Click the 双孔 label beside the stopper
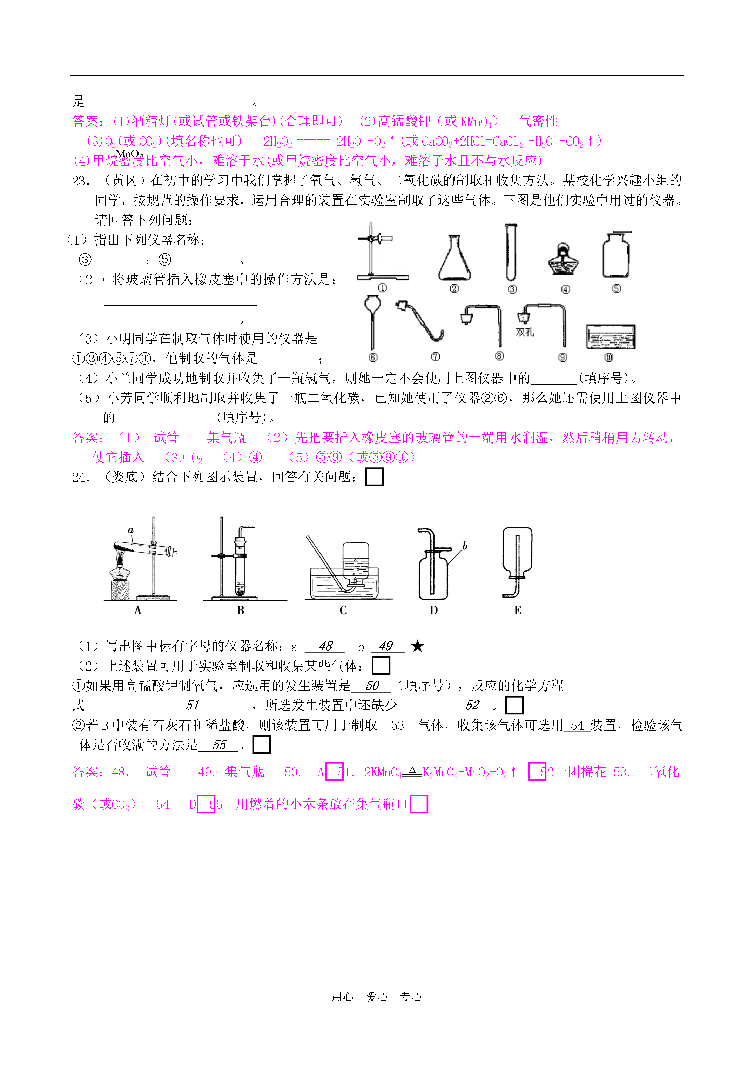click(x=525, y=332)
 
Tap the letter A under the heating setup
click(x=137, y=611)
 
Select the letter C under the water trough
click(x=343, y=611)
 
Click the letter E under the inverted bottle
click(x=518, y=611)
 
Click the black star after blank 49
click(x=417, y=646)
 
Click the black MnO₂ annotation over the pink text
click(x=129, y=154)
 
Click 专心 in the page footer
click(x=411, y=997)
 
